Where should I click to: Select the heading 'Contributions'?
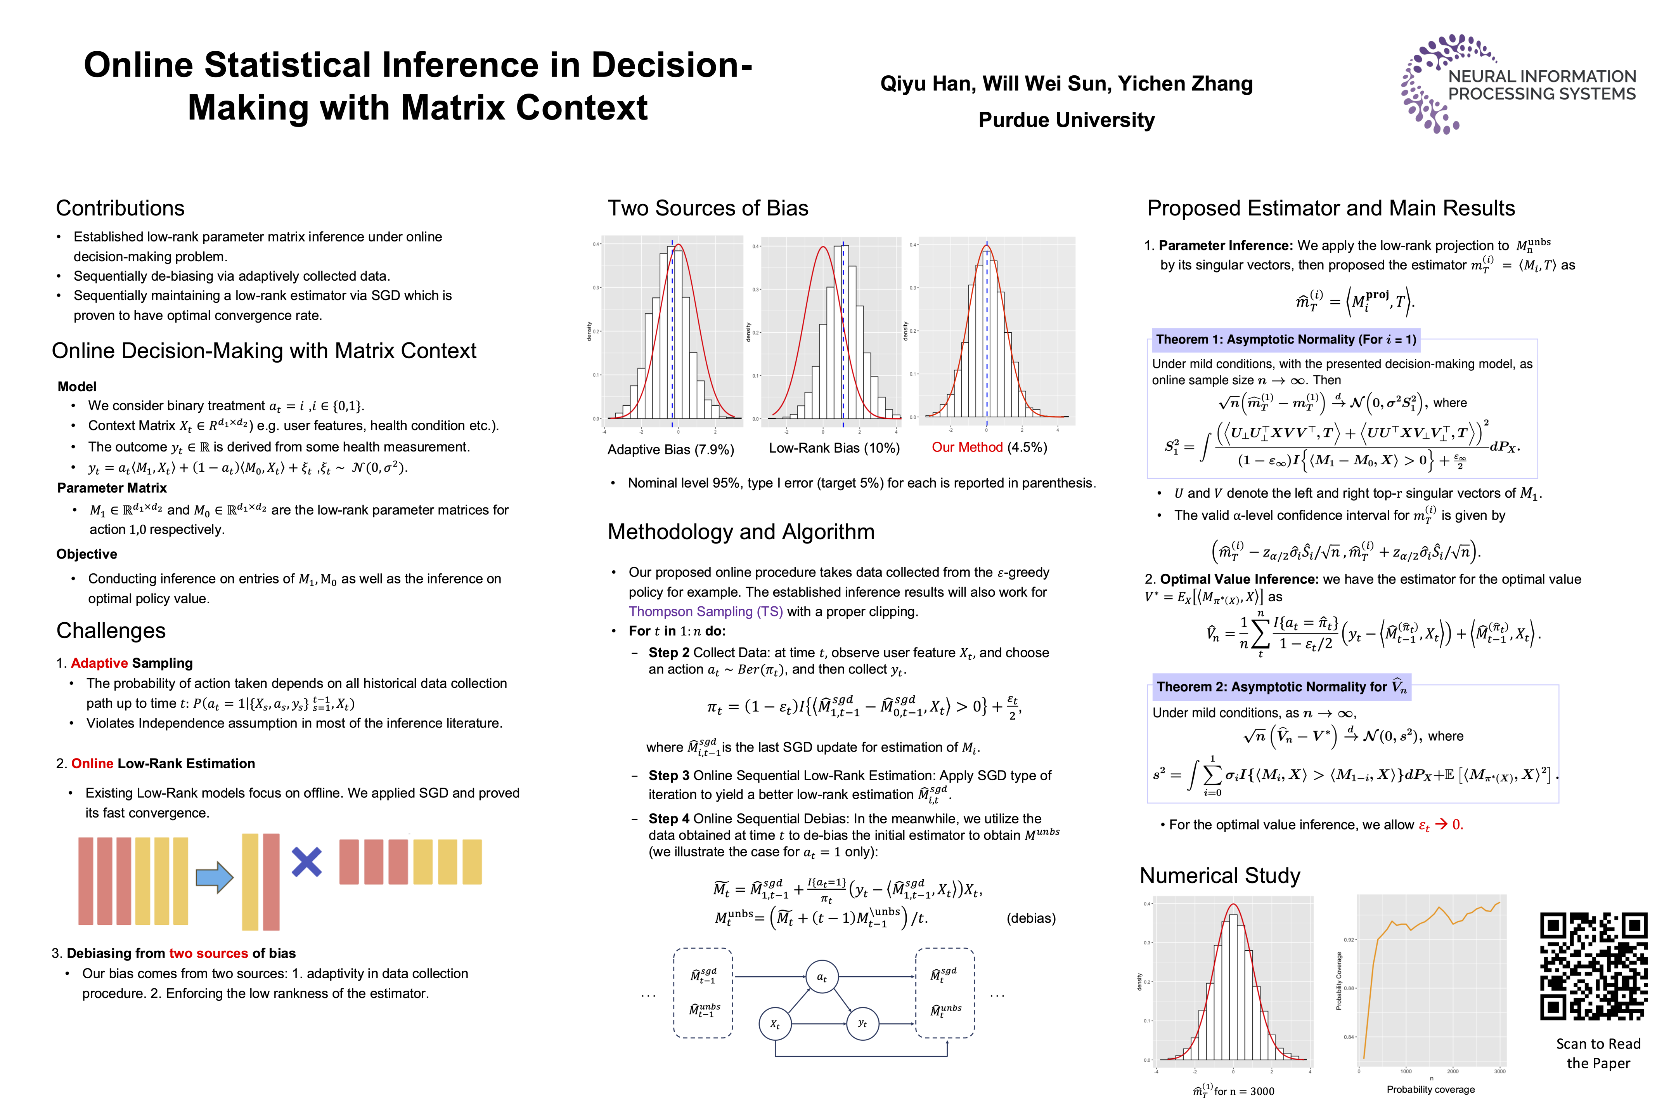[x=120, y=208]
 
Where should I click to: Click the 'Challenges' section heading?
[x=111, y=631]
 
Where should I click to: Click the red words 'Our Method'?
[x=967, y=448]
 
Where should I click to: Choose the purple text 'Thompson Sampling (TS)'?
[x=705, y=612]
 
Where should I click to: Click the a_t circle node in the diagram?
[x=822, y=977]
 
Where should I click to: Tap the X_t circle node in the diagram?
[x=775, y=1024]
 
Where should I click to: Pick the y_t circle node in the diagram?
[x=862, y=1024]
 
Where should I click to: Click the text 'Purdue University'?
[x=1066, y=120]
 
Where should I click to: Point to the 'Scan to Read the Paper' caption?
[x=1598, y=1053]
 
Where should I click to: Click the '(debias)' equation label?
[x=1030, y=918]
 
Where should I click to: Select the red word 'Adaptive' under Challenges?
[x=99, y=663]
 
